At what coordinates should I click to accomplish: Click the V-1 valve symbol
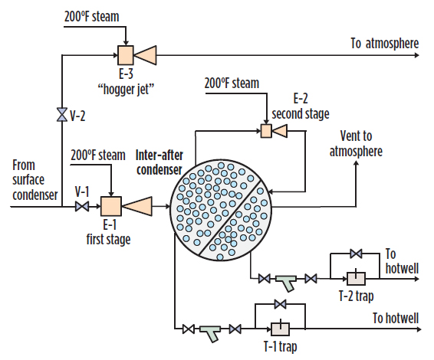point(81,207)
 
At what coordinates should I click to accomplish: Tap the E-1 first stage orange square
point(111,206)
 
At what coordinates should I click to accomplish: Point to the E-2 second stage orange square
point(266,132)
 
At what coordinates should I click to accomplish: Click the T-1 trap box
point(280,329)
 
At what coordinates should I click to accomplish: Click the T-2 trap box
point(355,278)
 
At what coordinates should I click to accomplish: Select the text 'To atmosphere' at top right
point(385,43)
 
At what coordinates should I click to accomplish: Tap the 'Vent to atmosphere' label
point(356,145)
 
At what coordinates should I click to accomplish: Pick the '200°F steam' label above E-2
point(232,83)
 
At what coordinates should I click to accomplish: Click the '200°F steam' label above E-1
point(97,155)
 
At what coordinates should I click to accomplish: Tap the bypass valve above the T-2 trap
point(355,253)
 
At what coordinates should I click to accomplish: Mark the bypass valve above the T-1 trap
point(280,305)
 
